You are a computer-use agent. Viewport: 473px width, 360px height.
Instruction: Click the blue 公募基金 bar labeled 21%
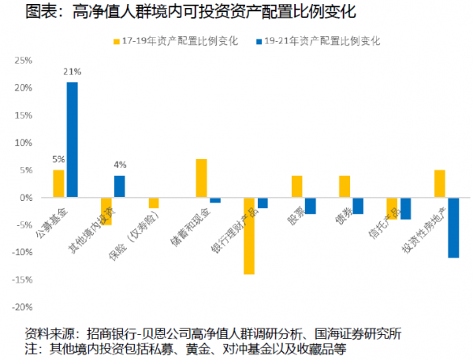[x=72, y=139]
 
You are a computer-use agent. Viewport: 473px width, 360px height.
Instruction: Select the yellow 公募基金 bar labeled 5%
[x=58, y=184]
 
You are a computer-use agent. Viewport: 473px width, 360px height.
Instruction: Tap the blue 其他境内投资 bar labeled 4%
[x=119, y=187]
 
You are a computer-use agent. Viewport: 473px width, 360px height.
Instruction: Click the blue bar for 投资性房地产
[x=453, y=228]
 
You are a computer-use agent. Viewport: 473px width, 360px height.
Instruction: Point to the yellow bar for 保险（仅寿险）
[x=154, y=203]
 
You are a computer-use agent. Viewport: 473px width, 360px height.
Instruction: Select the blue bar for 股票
[x=311, y=206]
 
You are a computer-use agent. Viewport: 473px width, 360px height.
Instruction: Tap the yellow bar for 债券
[x=345, y=187]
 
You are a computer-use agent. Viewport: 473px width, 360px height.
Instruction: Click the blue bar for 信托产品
[x=405, y=208]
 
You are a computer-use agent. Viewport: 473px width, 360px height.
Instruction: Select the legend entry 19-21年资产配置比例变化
[x=318, y=40]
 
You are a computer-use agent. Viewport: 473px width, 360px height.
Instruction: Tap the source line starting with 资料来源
[x=213, y=332]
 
